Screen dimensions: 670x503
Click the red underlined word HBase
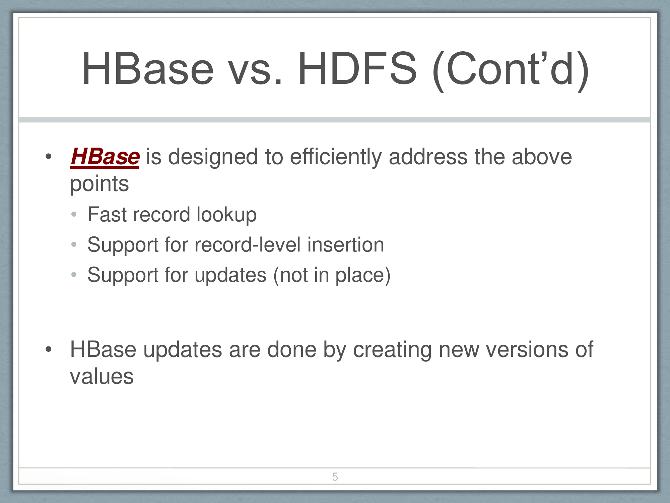105,157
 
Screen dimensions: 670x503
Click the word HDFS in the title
357,69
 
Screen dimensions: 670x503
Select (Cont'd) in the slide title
511,71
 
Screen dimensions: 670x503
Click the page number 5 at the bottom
335,477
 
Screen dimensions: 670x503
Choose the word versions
527,350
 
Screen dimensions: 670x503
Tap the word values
102,377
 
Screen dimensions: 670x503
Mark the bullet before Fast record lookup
74,214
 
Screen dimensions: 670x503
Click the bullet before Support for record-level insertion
74,244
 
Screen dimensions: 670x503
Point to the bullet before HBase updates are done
49,349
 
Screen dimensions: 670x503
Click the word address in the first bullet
428,157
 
